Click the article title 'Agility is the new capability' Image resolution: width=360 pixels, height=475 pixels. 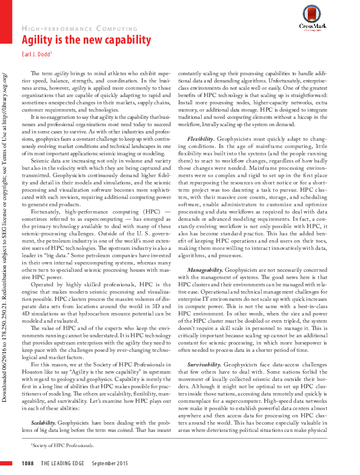point(87,40)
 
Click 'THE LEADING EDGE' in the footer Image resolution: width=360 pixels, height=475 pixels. point(63,463)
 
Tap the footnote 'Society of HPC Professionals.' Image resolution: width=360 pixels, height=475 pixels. point(62,445)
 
